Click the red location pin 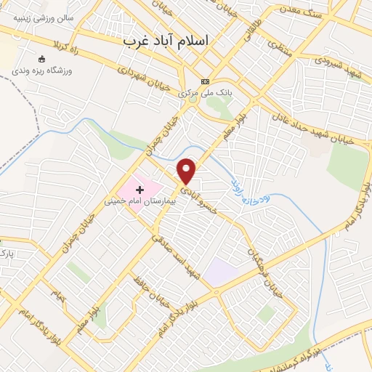(x=187, y=171)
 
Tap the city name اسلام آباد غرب (x=166, y=41)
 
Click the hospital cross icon (x=139, y=189)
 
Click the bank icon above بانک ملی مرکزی (x=206, y=81)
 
